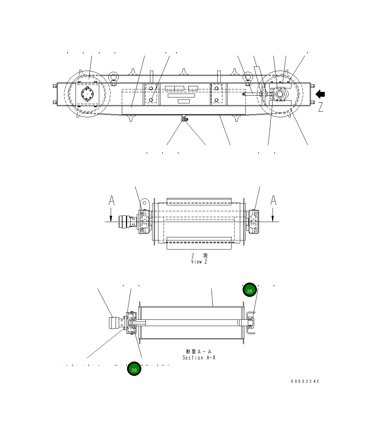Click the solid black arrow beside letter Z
[x=320, y=94]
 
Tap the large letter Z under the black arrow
[x=321, y=107]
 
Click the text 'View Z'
[x=199, y=262]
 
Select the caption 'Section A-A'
[x=199, y=357]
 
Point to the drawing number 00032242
[x=305, y=381]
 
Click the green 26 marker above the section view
[x=250, y=290]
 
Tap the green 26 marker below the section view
[x=134, y=369]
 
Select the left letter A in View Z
[x=111, y=201]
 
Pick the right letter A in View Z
[x=274, y=201]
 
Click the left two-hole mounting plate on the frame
[x=151, y=94]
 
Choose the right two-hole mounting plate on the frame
[x=217, y=94]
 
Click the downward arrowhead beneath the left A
[x=111, y=218]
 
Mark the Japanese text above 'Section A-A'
[x=199, y=351]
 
